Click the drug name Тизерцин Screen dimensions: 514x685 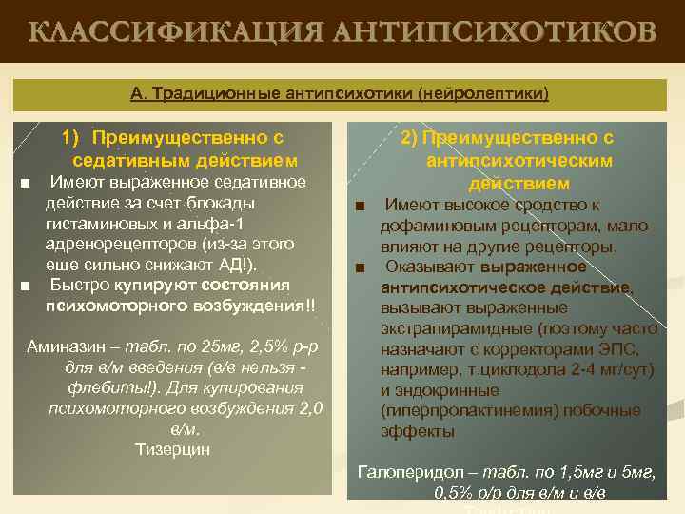(173, 449)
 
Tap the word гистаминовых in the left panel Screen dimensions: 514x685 (98, 224)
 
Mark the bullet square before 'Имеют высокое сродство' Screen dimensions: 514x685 (361, 206)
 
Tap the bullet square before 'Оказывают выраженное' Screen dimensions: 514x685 (361, 267)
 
